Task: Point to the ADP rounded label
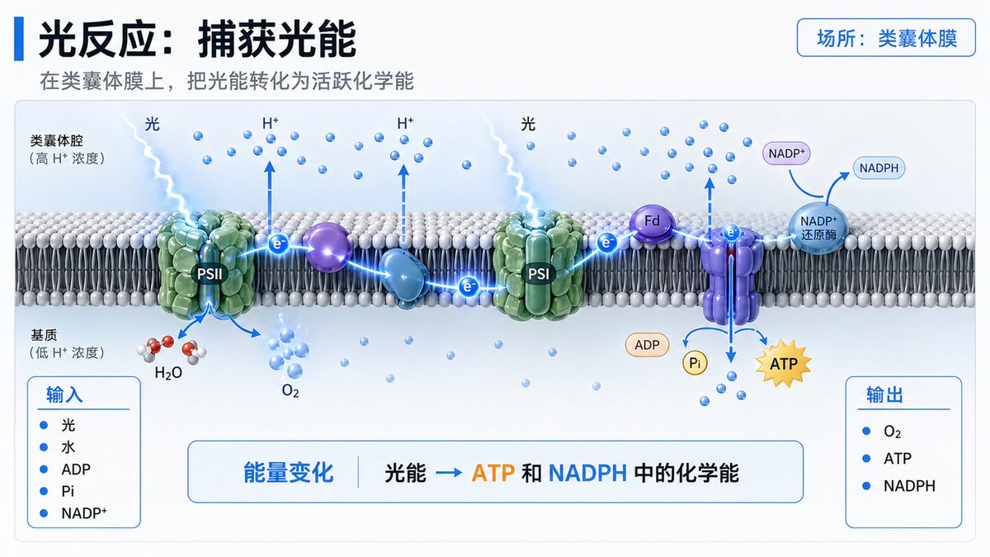point(647,345)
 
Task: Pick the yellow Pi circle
point(694,362)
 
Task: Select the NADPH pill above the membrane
point(882,168)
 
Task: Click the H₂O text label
point(168,372)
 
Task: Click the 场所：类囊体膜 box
point(886,39)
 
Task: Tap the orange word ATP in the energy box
point(493,473)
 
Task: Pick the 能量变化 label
point(289,473)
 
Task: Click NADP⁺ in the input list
point(84,514)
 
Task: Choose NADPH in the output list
point(909,486)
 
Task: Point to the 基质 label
point(45,335)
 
